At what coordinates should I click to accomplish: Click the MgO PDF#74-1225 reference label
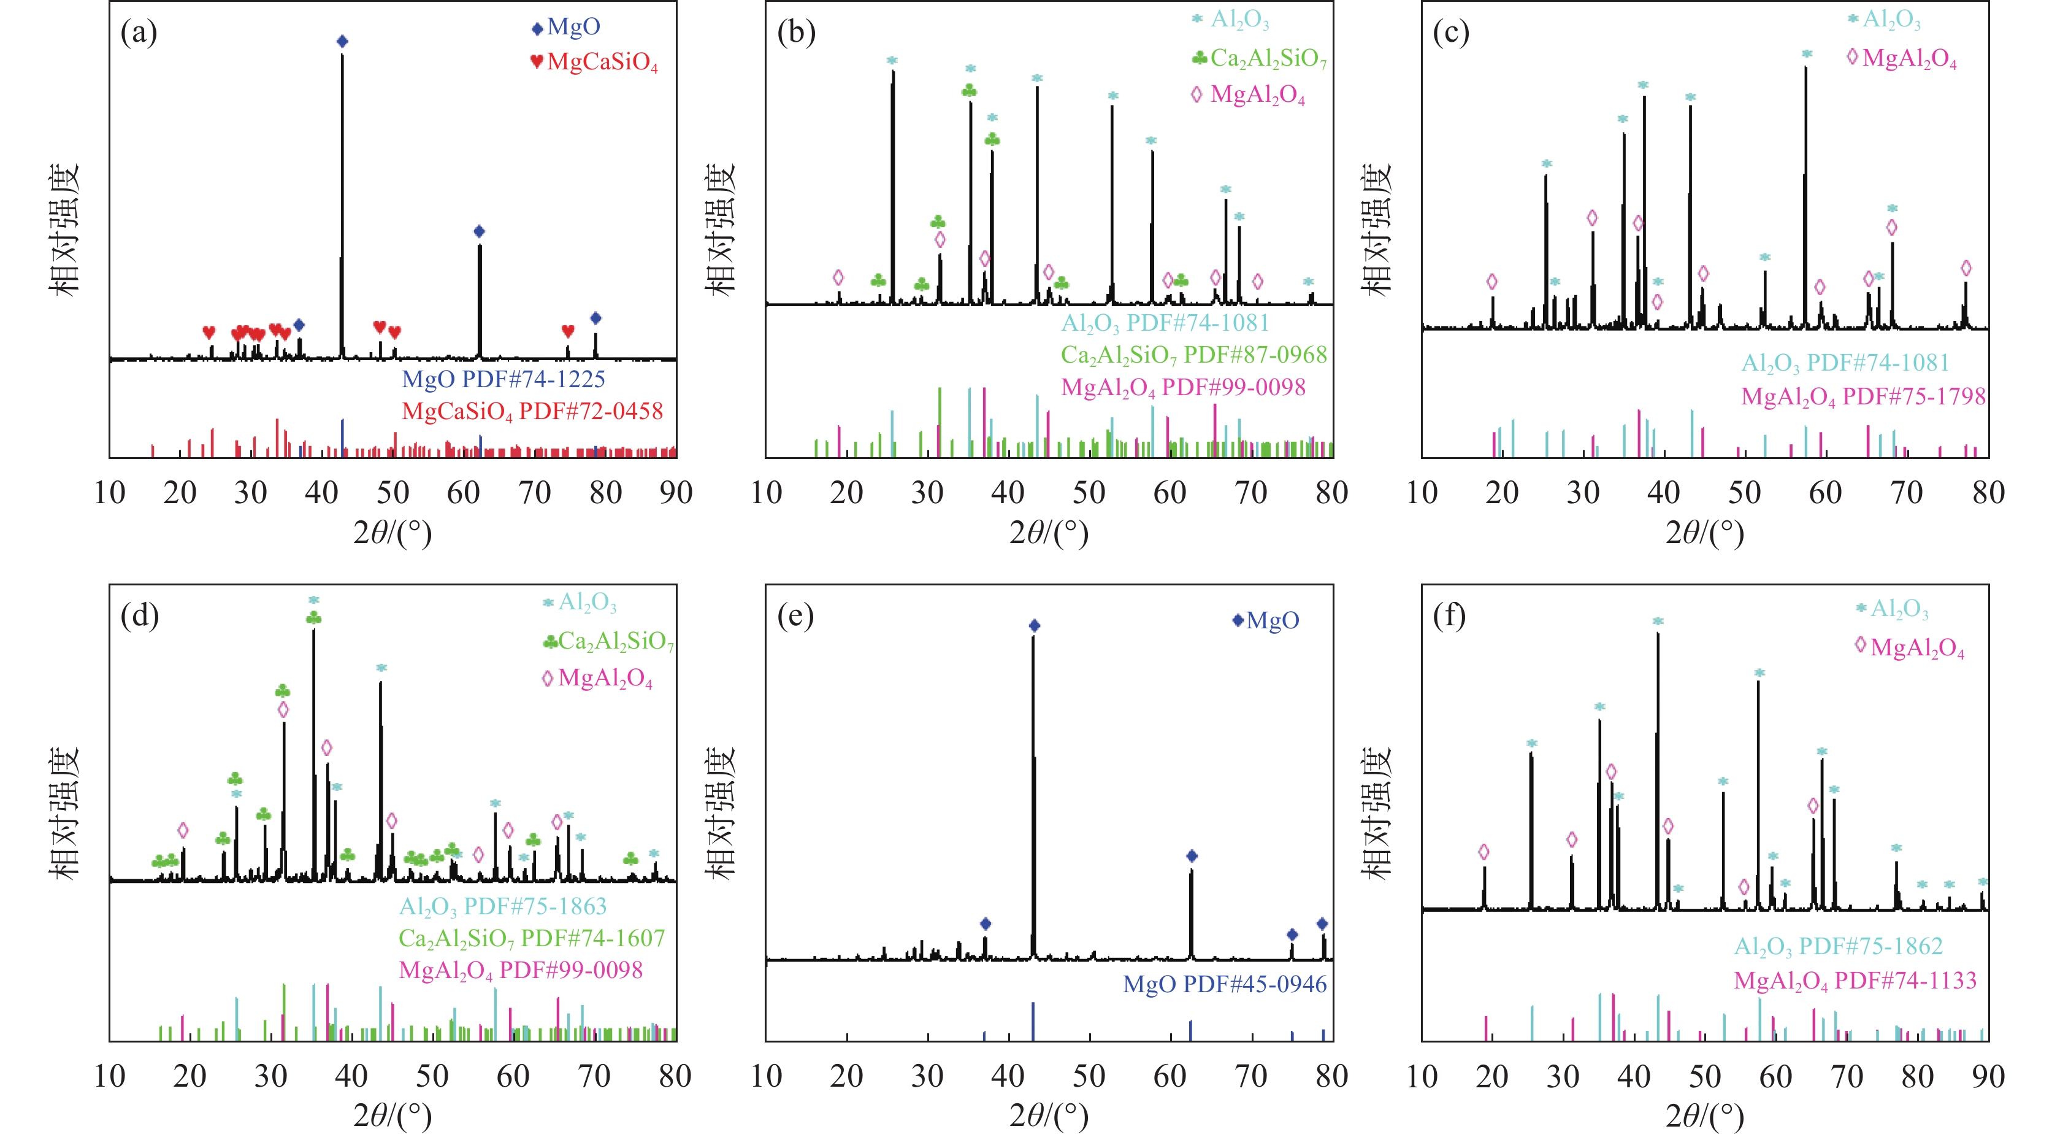coord(503,379)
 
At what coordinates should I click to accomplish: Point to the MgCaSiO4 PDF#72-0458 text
coord(532,412)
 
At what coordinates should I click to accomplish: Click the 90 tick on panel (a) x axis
coord(675,492)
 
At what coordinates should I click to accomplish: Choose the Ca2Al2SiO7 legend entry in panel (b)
coord(1260,58)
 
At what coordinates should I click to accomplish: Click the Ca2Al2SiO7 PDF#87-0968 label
coord(1193,355)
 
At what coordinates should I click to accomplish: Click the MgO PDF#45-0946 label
coord(1224,985)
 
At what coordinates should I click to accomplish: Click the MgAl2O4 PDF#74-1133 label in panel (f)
coord(1855,981)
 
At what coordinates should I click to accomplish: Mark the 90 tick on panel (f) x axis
coord(1988,1076)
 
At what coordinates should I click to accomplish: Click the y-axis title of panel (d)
coord(64,812)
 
